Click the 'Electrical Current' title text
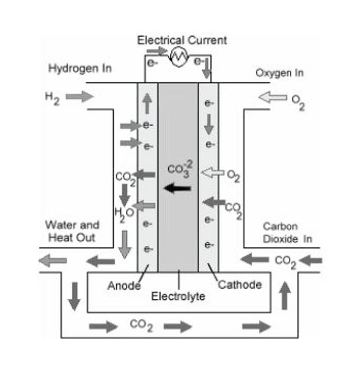pyautogui.click(x=182, y=40)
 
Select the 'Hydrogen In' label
pyautogui.click(x=80, y=69)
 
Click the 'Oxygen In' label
pyautogui.click(x=279, y=73)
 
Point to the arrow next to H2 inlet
pyautogui.click(x=79, y=96)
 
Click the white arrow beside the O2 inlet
pyautogui.click(x=272, y=97)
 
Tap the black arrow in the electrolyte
pyautogui.click(x=177, y=188)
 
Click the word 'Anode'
pyautogui.click(x=124, y=286)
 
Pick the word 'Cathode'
pyautogui.click(x=239, y=285)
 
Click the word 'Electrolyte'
pyautogui.click(x=178, y=297)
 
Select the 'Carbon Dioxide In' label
pyautogui.click(x=288, y=233)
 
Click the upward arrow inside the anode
pyautogui.click(x=147, y=104)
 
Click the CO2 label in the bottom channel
pyautogui.click(x=141, y=326)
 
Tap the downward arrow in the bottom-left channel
pyautogui.click(x=74, y=297)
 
